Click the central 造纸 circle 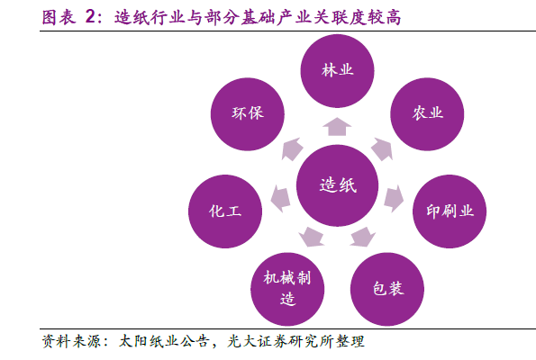tap(338, 185)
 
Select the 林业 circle tap(338, 71)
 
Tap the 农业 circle tap(427, 113)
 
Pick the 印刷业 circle tap(450, 211)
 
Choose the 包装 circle tap(387, 289)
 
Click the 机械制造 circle tap(287, 289)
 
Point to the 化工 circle tap(225, 211)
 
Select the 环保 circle tap(248, 113)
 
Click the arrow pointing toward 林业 tap(337, 127)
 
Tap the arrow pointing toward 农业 tap(382, 148)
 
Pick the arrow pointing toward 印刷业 tap(394, 198)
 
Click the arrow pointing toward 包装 tap(363, 237)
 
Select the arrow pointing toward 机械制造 tap(312, 237)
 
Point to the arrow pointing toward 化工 tap(281, 198)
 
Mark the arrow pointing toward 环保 tap(292, 148)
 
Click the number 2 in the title tap(91, 17)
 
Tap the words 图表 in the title tap(59, 17)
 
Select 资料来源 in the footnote tap(71, 342)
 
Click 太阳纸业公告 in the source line tap(164, 342)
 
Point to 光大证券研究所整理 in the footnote tap(296, 342)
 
